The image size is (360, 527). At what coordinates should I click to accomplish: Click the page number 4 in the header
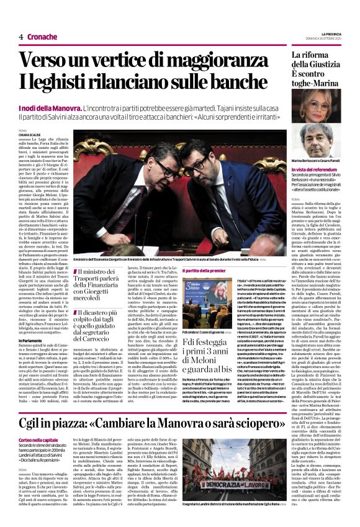(x=21, y=36)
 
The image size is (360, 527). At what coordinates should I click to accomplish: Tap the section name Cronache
(x=42, y=36)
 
